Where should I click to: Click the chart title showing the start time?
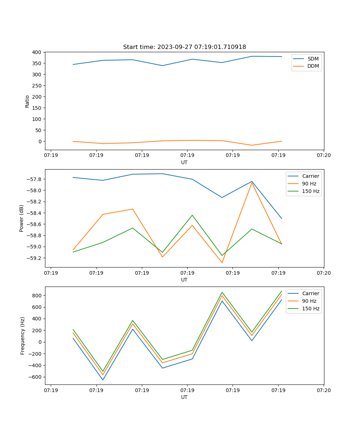tap(184, 47)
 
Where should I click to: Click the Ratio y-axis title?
tap(27, 102)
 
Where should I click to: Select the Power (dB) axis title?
tap(22, 218)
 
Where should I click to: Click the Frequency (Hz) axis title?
tap(23, 336)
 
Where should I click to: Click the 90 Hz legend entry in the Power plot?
tap(309, 184)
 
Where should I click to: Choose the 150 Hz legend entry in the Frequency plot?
tap(311, 309)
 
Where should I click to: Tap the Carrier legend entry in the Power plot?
tap(310, 176)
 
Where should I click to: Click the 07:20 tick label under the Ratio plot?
tap(323, 156)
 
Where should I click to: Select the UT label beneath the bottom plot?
tap(184, 397)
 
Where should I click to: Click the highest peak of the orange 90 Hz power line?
tap(252, 183)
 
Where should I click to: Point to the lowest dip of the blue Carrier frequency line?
tap(103, 380)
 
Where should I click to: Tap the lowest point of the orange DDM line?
tap(252, 145)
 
